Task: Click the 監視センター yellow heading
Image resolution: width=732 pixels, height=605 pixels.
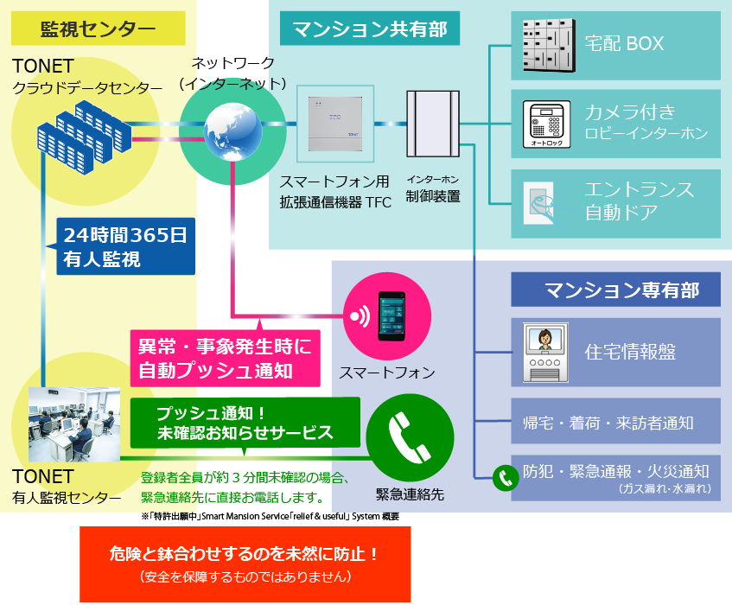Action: tap(98, 29)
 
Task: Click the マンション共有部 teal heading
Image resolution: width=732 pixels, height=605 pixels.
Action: tap(370, 30)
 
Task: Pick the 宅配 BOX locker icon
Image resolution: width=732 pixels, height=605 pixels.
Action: tap(550, 45)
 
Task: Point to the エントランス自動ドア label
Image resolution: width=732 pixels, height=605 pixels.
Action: tap(639, 200)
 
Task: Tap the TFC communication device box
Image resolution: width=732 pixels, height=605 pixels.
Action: tap(334, 124)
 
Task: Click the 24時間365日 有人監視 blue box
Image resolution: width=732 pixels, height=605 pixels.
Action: tap(124, 245)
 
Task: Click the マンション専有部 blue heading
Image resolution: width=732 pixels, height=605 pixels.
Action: tap(615, 289)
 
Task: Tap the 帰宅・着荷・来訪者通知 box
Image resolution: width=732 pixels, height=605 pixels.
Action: tap(615, 423)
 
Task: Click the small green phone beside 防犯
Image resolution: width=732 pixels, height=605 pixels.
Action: tap(503, 478)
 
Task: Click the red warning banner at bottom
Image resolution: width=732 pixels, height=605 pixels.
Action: tap(245, 564)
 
